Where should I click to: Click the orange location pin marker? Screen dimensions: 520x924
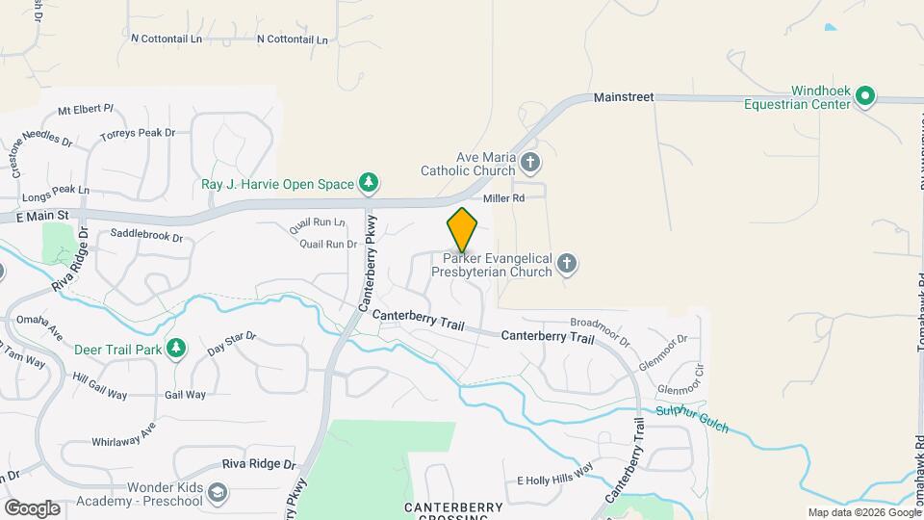pyautogui.click(x=462, y=230)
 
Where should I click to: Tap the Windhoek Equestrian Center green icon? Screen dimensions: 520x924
pyautogui.click(x=864, y=94)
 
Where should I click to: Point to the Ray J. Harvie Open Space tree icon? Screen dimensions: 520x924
pyautogui.click(x=367, y=181)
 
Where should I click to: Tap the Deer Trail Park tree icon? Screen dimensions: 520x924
pyautogui.click(x=175, y=348)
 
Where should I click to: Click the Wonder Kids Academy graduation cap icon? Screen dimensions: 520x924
pyautogui.click(x=218, y=493)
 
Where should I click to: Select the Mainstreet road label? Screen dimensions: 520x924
pyautogui.click(x=624, y=97)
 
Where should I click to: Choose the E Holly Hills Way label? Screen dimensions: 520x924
pyautogui.click(x=555, y=480)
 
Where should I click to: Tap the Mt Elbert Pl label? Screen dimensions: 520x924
pyautogui.click(x=86, y=110)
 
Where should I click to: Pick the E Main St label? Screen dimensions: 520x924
pyautogui.click(x=44, y=216)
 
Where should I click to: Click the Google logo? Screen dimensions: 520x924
pyautogui.click(x=32, y=507)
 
